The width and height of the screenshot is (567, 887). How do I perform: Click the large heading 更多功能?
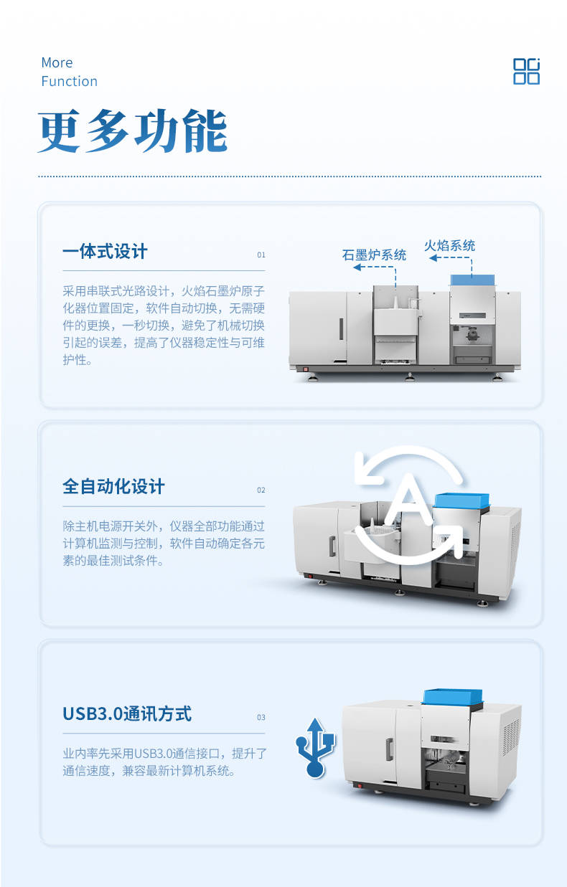(x=133, y=132)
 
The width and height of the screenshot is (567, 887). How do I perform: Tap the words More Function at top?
(x=69, y=72)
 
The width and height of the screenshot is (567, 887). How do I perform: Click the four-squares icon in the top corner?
(x=526, y=71)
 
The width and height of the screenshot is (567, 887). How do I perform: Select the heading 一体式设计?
(x=105, y=252)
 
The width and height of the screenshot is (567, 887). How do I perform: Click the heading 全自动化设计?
(x=113, y=486)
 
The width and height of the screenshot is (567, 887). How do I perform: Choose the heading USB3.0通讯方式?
(x=127, y=713)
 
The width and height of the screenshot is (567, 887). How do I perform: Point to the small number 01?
(x=261, y=255)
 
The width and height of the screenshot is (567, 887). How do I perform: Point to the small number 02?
(x=261, y=490)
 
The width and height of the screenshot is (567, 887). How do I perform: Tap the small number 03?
(x=261, y=718)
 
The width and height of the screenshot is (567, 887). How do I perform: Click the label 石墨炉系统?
(x=374, y=255)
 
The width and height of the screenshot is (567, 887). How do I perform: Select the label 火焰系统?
(x=449, y=246)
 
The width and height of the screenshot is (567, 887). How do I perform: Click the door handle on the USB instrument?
(x=390, y=749)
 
